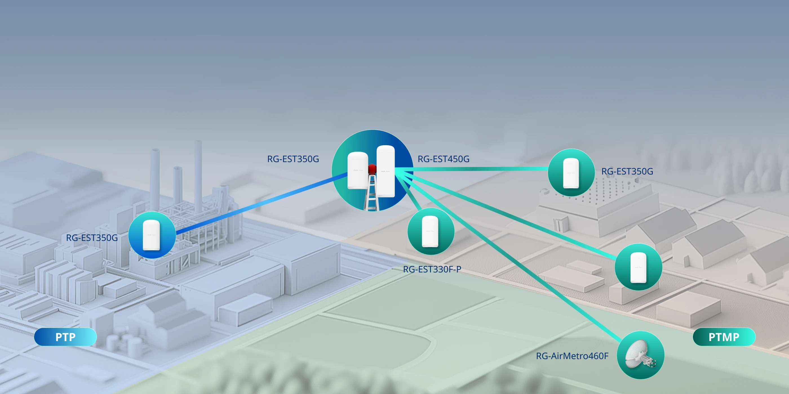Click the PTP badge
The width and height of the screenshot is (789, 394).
65,337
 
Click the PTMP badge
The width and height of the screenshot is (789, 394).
724,337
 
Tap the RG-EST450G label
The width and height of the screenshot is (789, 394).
444,159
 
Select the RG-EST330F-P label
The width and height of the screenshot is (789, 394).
432,269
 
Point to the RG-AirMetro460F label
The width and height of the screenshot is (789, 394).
572,356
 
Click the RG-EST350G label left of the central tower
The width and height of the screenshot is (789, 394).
293,159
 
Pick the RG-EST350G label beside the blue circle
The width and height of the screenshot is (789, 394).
92,238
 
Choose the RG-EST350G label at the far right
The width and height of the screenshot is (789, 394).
627,171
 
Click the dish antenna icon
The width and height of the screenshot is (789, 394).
640,355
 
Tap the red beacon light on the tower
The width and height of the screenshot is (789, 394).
372,169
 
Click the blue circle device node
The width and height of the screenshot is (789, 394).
152,235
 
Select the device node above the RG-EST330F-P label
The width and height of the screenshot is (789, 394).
431,231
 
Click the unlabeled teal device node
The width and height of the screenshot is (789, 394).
638,267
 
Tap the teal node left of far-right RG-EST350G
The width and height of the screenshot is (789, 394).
571,173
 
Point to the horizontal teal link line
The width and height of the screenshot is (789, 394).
472,169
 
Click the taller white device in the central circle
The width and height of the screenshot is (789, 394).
385,171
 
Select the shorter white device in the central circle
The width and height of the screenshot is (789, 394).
358,170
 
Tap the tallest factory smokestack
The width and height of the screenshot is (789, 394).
198,177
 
